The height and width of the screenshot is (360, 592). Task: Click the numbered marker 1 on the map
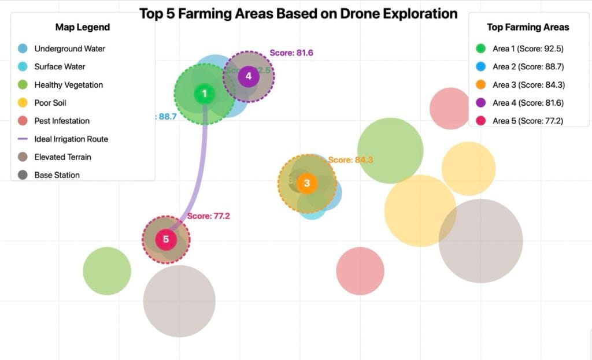tap(204, 94)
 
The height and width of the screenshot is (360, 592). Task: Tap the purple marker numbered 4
tap(249, 76)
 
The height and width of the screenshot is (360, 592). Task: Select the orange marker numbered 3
tap(307, 183)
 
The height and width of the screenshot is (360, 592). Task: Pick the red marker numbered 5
tap(166, 239)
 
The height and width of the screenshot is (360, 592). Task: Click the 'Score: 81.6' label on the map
tap(291, 53)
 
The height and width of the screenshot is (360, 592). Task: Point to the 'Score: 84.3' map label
tap(350, 160)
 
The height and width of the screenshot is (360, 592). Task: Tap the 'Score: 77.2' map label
tap(209, 216)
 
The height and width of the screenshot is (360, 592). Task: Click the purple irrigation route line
tap(201, 173)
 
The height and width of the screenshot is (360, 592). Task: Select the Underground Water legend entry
tap(69, 49)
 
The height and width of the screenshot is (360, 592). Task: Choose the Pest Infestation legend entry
tap(62, 121)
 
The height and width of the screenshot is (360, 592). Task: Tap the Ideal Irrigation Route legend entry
tap(71, 139)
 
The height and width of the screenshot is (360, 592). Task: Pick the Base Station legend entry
tap(57, 175)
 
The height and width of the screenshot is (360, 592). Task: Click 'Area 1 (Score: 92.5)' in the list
tap(528, 49)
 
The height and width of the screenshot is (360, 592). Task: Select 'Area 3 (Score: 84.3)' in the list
tap(528, 85)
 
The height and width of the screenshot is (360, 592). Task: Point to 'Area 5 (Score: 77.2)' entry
tap(528, 121)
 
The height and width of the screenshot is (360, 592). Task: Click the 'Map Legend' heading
tap(83, 27)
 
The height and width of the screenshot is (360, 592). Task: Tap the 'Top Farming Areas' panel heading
tap(528, 27)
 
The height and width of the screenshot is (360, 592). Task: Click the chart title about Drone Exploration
tap(298, 13)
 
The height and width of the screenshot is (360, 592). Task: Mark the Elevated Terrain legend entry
tap(62, 157)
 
